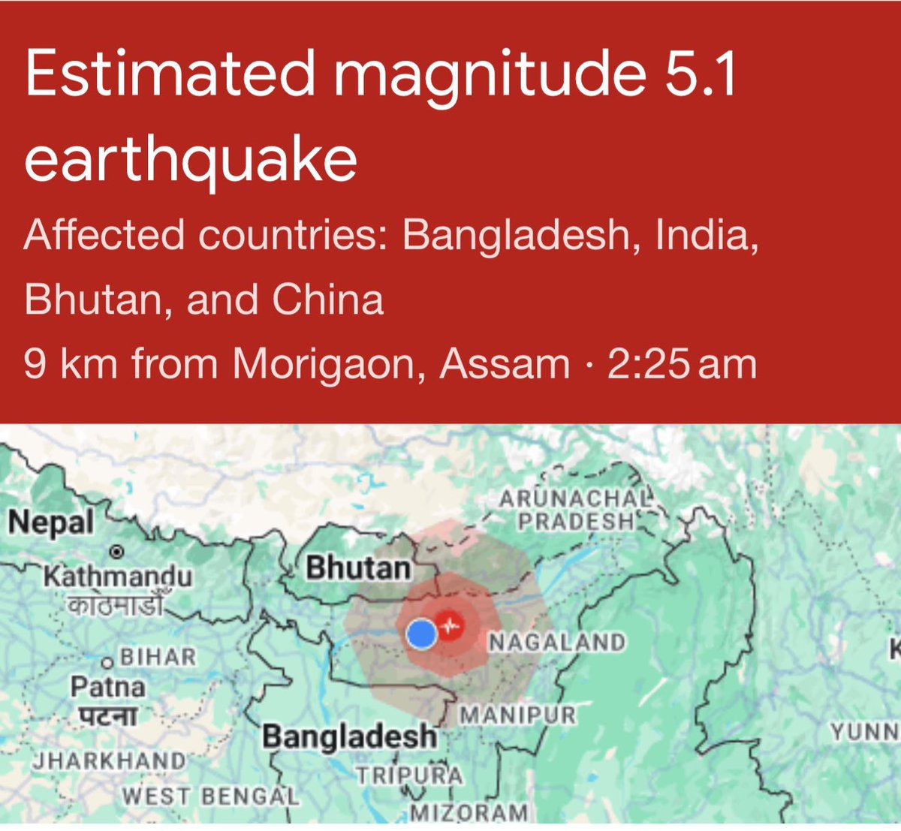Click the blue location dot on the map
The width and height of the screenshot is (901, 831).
click(x=421, y=634)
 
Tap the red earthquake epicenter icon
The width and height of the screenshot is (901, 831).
click(x=450, y=625)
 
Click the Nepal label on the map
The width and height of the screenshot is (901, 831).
click(x=51, y=522)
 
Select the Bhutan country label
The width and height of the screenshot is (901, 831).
click(x=358, y=568)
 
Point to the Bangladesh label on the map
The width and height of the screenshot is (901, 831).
click(x=349, y=736)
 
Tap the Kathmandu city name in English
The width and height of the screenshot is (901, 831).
click(x=118, y=577)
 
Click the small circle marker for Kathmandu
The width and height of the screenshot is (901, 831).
click(x=116, y=552)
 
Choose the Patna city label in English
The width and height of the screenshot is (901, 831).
click(x=107, y=686)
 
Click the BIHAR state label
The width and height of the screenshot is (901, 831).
click(x=158, y=658)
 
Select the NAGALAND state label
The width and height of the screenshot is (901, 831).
click(x=556, y=643)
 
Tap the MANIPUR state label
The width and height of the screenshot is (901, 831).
click(x=517, y=715)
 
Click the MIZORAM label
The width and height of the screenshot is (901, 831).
click(x=469, y=812)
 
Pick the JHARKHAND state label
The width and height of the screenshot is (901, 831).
click(x=110, y=761)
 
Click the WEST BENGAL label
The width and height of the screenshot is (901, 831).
click(x=210, y=796)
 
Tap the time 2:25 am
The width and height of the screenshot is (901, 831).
click(x=682, y=364)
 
